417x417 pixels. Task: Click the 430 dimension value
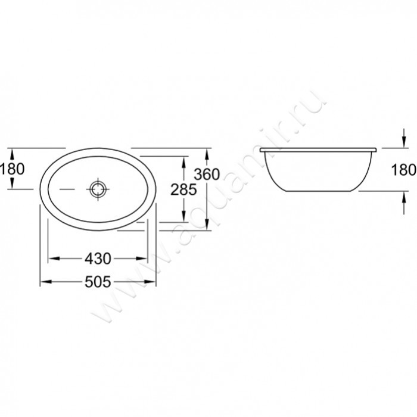[98, 259]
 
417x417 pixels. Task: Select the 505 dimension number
[98, 282]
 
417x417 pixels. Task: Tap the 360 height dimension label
[207, 174]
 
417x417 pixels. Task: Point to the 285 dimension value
[183, 189]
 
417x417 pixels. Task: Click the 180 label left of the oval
[13, 169]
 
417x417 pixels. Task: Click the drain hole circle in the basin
[98, 189]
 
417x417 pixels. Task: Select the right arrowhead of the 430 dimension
[142, 258]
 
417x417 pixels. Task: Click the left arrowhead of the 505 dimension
[46, 281]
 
